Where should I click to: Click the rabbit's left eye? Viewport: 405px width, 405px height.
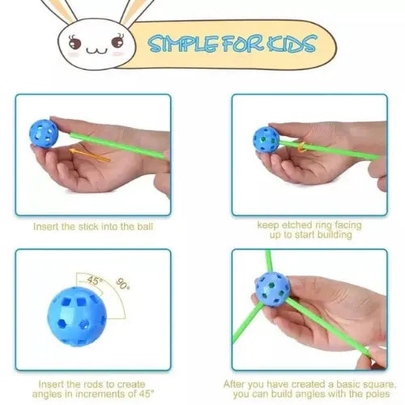click(75, 43)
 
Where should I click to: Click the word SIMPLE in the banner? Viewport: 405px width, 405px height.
click(184, 44)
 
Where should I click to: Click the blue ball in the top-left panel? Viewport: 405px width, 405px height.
click(44, 134)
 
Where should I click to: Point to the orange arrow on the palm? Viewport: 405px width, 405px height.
click(89, 155)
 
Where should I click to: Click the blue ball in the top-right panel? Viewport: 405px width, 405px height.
click(266, 140)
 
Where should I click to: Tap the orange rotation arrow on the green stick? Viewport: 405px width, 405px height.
click(301, 147)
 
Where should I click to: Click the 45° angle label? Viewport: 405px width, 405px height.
click(93, 281)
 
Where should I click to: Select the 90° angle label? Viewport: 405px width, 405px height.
click(122, 284)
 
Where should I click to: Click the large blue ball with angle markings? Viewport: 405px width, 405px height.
click(77, 316)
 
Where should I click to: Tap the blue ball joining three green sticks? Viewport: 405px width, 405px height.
click(273, 289)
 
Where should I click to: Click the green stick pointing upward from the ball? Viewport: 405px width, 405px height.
click(268, 262)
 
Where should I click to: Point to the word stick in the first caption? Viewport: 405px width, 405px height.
click(87, 226)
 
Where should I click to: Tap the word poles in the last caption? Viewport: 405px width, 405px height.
click(377, 394)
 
